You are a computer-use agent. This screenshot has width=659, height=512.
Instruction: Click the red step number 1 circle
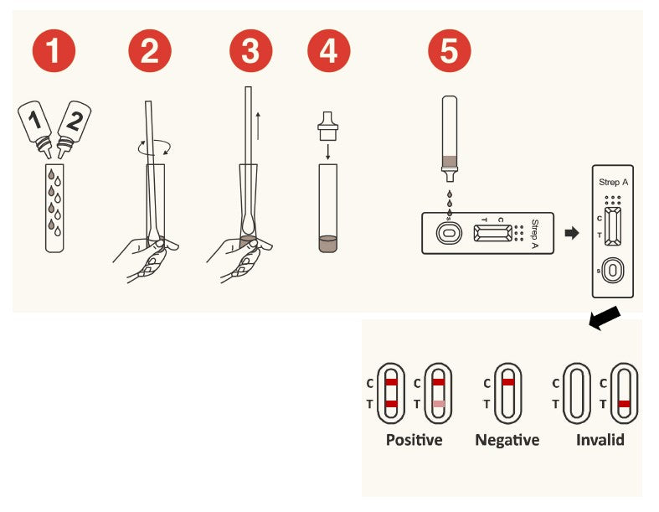tap(54, 50)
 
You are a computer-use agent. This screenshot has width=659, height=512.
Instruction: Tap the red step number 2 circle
tap(150, 50)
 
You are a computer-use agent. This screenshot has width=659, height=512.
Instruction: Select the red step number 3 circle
tap(251, 50)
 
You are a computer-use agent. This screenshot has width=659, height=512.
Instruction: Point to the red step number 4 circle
tap(328, 50)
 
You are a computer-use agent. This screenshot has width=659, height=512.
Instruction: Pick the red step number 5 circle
tap(450, 50)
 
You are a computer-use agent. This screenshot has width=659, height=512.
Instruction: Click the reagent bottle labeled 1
tap(36, 127)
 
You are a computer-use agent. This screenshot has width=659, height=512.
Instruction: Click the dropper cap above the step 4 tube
tap(327, 126)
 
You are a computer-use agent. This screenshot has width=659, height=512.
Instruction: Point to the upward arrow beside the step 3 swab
tap(258, 127)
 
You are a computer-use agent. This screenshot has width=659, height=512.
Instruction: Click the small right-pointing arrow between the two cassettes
tap(572, 233)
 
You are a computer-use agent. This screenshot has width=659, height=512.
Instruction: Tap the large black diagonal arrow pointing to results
tap(605, 318)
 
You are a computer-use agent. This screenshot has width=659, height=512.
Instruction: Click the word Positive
tap(414, 440)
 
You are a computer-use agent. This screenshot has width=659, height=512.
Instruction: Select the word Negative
tap(507, 440)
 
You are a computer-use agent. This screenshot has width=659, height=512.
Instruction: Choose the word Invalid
tap(600, 440)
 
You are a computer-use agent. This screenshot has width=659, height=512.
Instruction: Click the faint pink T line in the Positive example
tap(439, 404)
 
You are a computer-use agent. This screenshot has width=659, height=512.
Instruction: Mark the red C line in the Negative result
tap(508, 382)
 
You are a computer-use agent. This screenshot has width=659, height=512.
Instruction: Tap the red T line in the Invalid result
tap(624, 404)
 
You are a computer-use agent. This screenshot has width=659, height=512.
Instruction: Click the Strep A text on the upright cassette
tap(613, 182)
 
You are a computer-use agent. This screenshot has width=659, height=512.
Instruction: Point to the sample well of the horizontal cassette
tap(449, 233)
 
